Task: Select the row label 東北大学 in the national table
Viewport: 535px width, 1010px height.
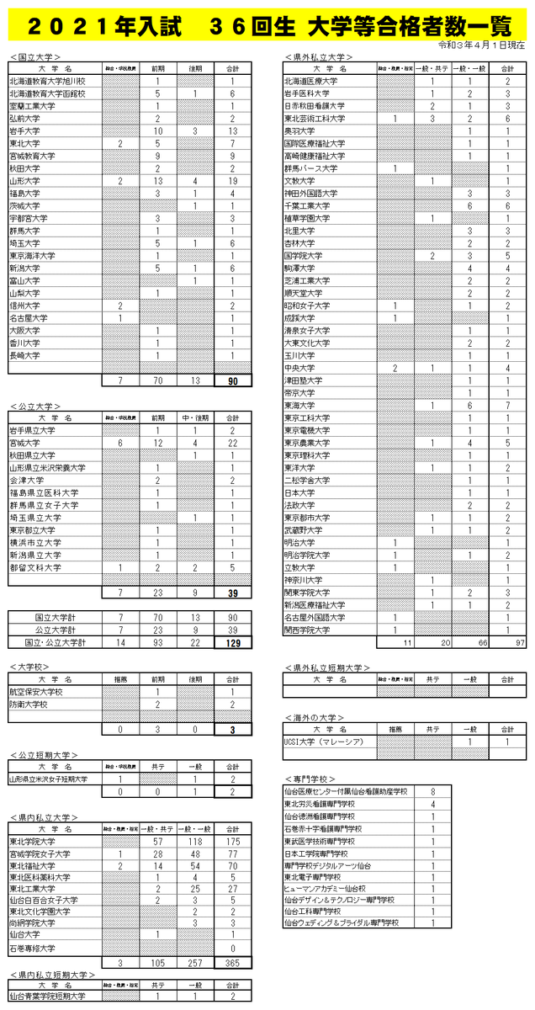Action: pyautogui.click(x=24, y=144)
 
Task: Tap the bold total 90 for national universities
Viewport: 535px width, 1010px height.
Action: pyautogui.click(x=232, y=381)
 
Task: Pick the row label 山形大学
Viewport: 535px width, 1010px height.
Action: pyautogui.click(x=24, y=181)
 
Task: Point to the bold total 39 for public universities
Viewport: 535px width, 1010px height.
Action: pyautogui.click(x=232, y=593)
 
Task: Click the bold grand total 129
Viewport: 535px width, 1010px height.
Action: pyautogui.click(x=232, y=643)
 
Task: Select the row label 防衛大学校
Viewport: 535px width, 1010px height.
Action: pyautogui.click(x=29, y=704)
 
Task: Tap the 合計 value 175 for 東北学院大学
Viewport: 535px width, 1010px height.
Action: pyautogui.click(x=232, y=842)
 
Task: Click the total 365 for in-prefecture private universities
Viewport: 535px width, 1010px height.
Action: pyautogui.click(x=232, y=962)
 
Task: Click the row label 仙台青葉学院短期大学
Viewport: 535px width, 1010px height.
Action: pyautogui.click(x=47, y=997)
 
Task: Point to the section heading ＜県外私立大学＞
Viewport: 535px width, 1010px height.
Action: pyautogui.click(x=319, y=56)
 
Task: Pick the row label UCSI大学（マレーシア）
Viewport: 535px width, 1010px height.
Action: pyautogui.click(x=323, y=742)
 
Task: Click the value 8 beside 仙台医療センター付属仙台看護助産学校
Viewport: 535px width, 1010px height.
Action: pyautogui.click(x=432, y=792)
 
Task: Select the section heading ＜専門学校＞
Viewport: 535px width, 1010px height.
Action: pyautogui.click(x=311, y=779)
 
